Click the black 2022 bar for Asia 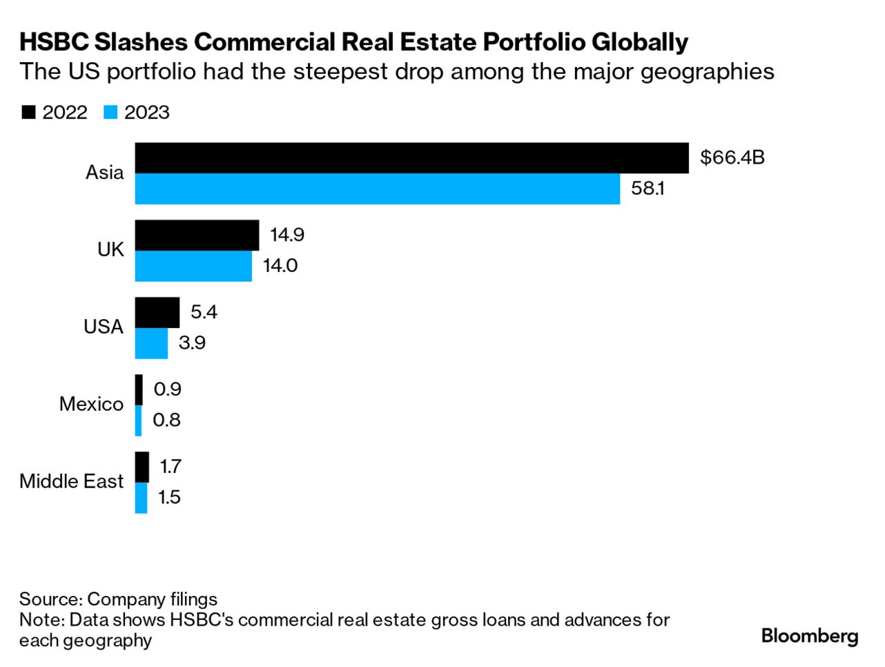(411, 158)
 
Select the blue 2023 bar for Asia (377, 189)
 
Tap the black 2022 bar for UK (197, 235)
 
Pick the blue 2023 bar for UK (193, 267)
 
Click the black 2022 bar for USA (157, 313)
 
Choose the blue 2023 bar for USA (151, 344)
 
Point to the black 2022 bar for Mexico (139, 390)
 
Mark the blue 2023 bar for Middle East (141, 498)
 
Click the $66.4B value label (732, 157)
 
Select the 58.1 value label (648, 188)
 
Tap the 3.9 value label (192, 343)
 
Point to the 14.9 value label (287, 235)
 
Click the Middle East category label (71, 481)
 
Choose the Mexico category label (91, 404)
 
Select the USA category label (104, 327)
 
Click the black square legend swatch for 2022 (28, 113)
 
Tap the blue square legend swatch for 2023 (110, 113)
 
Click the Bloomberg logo (809, 636)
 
